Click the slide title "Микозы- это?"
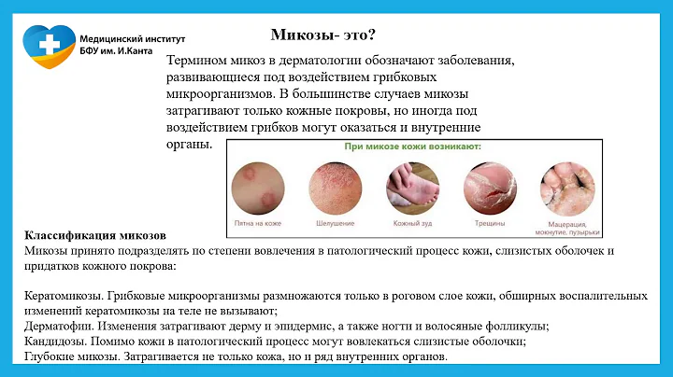323,35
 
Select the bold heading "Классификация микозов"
94,236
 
